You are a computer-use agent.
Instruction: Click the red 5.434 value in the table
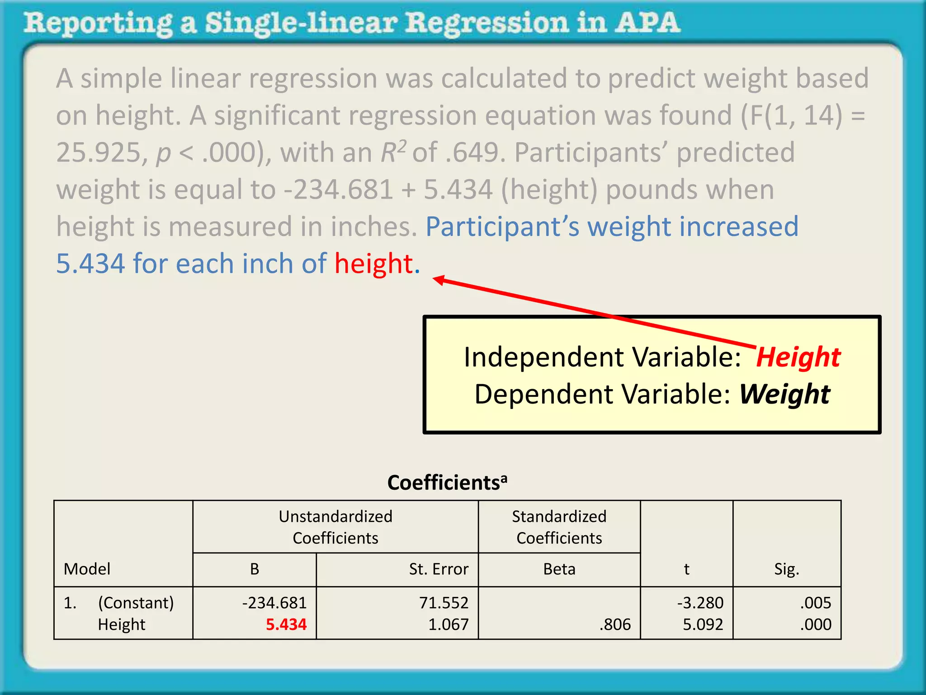tap(286, 624)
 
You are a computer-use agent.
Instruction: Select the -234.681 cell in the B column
tap(274, 603)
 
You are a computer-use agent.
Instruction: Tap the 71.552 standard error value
tap(444, 603)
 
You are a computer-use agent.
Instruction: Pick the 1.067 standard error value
tap(448, 624)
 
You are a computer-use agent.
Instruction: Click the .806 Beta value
tap(615, 624)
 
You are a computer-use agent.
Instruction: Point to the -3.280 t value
tap(700, 603)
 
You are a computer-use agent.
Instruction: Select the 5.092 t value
tap(703, 624)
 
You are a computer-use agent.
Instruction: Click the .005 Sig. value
tap(815, 603)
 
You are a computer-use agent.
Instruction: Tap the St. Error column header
tap(439, 569)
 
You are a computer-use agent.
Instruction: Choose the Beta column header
tap(559, 569)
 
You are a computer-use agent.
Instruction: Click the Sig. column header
tap(787, 569)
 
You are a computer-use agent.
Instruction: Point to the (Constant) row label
tap(136, 603)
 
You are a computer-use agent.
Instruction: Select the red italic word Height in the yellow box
tap(798, 357)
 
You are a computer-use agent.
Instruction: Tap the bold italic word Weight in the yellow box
tap(784, 394)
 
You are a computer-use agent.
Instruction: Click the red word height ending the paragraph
tap(373, 263)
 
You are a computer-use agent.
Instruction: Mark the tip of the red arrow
tap(434, 279)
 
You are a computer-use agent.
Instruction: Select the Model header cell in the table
tap(87, 569)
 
